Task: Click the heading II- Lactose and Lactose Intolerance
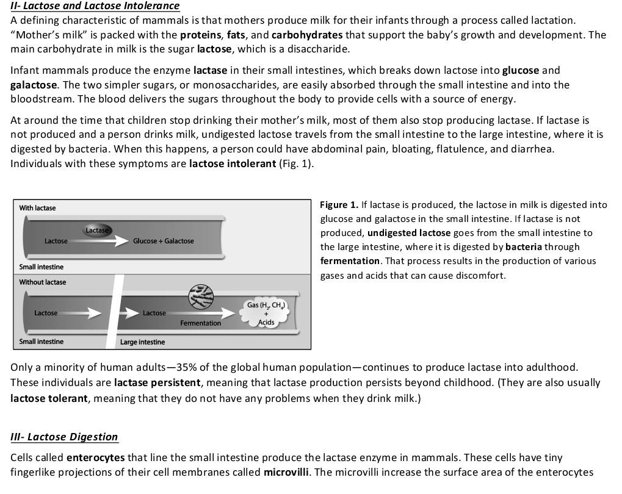click(x=95, y=6)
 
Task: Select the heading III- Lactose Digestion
click(x=64, y=437)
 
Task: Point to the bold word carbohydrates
click(x=307, y=35)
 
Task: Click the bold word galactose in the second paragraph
click(x=34, y=85)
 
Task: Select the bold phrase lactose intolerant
click(x=233, y=163)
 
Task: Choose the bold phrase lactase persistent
click(x=157, y=383)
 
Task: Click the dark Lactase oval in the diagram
click(x=97, y=230)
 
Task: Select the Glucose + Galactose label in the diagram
click(x=163, y=241)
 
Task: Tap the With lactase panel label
click(x=37, y=208)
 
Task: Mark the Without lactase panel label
click(x=43, y=282)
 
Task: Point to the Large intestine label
click(x=142, y=342)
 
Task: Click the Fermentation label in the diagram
click(x=200, y=323)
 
